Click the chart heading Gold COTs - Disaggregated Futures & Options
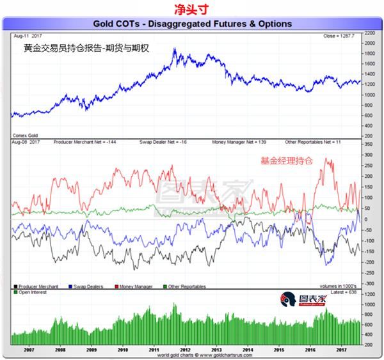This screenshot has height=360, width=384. point(193,24)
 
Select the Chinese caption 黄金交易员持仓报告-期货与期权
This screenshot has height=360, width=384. point(86,48)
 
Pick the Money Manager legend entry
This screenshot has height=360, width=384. point(135,286)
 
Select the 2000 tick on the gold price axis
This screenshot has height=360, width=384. point(369,43)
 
